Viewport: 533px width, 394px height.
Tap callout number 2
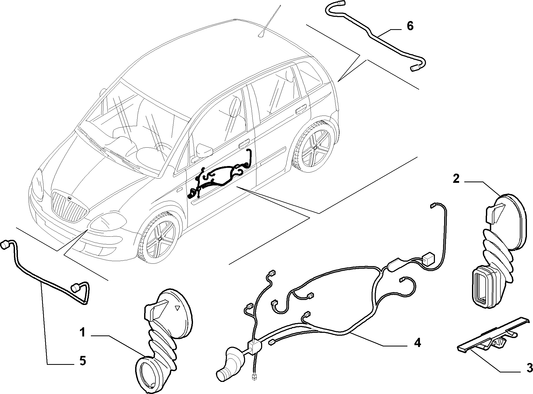(456, 179)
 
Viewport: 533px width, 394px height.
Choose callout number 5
(83, 361)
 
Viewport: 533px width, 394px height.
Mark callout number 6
(410, 26)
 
